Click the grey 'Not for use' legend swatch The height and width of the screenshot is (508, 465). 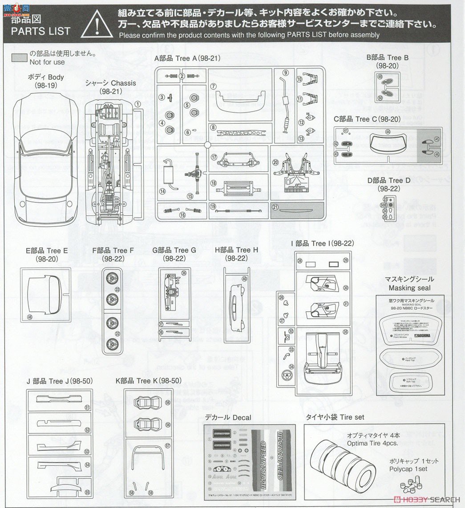tap(19, 58)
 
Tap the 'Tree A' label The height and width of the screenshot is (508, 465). tap(197, 58)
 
